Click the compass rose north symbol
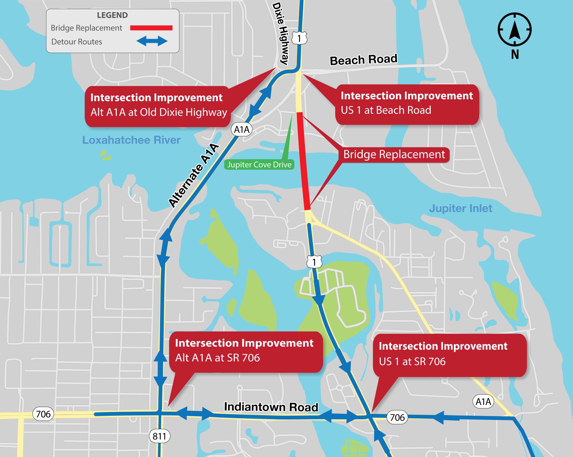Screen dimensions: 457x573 [515, 30]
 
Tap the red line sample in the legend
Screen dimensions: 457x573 [151, 28]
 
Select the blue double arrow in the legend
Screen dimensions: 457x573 [152, 41]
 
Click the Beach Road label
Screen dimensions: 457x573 [363, 60]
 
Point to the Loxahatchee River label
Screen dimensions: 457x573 [131, 140]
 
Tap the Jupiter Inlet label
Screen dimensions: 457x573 [461, 208]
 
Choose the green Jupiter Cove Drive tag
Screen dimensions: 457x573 [259, 165]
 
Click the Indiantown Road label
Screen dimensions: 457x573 [271, 407]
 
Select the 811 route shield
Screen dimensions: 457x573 [159, 436]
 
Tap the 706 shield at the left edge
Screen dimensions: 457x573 [43, 414]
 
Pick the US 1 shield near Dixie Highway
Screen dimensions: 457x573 [299, 39]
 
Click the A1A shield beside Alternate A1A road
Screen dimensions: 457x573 [242, 129]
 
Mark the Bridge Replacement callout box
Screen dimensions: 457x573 [394, 155]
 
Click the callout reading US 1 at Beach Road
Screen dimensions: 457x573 [407, 103]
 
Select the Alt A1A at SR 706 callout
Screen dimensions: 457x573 [246, 351]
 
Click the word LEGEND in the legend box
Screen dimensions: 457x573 [112, 15]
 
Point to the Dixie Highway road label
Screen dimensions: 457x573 [281, 33]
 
